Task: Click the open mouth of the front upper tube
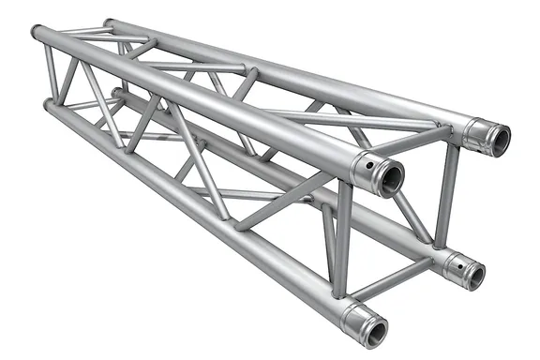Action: coord(389,176)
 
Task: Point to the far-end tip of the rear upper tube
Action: coord(107,22)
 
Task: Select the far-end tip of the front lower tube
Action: coord(47,106)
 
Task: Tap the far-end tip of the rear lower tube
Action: coord(116,93)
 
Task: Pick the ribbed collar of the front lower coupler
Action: coord(353,318)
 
